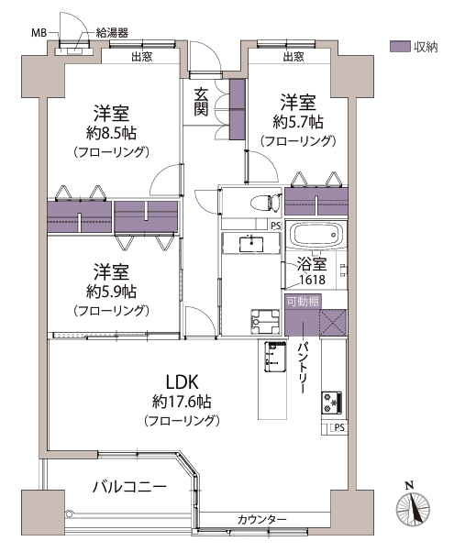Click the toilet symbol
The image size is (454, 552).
pos(266,203)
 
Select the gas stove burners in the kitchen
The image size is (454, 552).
pos(331,403)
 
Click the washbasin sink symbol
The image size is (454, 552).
pos(251,244)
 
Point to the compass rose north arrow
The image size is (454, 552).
pos(413,504)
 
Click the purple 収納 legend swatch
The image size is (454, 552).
pos(400,46)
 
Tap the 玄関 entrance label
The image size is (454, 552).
pos(201,102)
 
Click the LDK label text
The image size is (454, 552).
pos(183,382)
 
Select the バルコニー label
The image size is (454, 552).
pos(129,487)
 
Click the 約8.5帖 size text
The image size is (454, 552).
pos(111,133)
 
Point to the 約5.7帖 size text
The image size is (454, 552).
pos(297,122)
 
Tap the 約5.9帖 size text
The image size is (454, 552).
pos(111,292)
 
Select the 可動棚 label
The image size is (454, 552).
pos(303,302)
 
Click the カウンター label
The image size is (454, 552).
pos(262,519)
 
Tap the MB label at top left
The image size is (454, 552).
pos(39,33)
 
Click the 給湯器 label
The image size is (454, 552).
pos(112,33)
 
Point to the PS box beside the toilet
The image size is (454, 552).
pos(276,226)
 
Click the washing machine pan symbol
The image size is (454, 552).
pos(265,322)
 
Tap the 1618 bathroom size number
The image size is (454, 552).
pos(312,280)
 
